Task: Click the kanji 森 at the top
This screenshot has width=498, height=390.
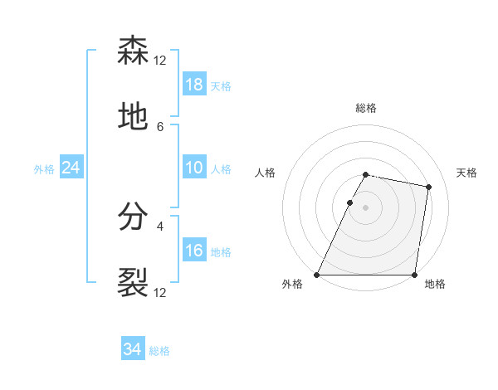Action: tap(133, 51)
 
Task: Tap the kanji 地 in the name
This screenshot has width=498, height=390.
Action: tap(133, 118)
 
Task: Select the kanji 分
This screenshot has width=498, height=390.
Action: tap(133, 217)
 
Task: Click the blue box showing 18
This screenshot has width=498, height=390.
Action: tap(194, 85)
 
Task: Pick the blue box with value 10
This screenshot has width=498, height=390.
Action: tap(194, 168)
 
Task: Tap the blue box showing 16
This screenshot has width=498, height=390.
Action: tap(194, 251)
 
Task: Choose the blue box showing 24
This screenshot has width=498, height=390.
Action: tap(71, 168)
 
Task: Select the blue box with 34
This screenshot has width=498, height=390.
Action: tap(132, 350)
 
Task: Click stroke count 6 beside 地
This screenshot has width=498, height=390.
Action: tap(160, 127)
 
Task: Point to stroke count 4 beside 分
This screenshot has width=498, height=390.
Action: tap(160, 226)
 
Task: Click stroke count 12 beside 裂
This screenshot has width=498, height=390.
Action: tap(160, 292)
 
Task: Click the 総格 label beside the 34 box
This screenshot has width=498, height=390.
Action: tap(159, 351)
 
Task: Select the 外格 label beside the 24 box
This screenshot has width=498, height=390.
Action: tap(44, 168)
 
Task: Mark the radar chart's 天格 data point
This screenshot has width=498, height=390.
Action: tap(428, 188)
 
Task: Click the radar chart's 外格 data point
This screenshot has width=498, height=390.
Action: tap(317, 275)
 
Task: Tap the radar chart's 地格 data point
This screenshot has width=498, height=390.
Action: tap(414, 275)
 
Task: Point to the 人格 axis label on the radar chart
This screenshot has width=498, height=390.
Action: tap(265, 173)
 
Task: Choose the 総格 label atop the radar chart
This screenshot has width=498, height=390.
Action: tap(365, 108)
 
